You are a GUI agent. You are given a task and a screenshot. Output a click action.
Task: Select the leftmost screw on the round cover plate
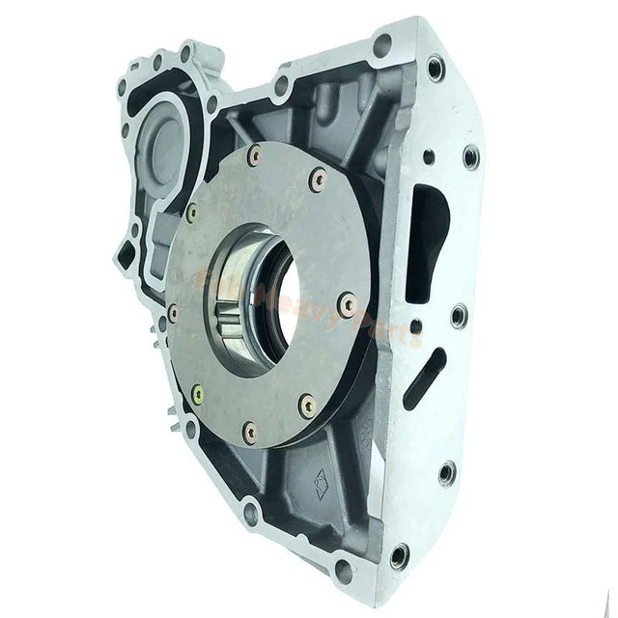point(173,313)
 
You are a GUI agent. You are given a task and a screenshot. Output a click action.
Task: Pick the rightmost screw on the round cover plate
point(348,305)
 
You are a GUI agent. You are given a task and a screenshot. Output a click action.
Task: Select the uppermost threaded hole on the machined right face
point(436,68)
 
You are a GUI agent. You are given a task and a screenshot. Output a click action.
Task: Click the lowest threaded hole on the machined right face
point(399,555)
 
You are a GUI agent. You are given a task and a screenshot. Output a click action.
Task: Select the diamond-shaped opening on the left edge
point(126,254)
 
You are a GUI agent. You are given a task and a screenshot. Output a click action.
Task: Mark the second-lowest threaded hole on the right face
point(446,473)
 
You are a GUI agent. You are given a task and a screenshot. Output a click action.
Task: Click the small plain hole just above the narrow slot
point(416,327)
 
